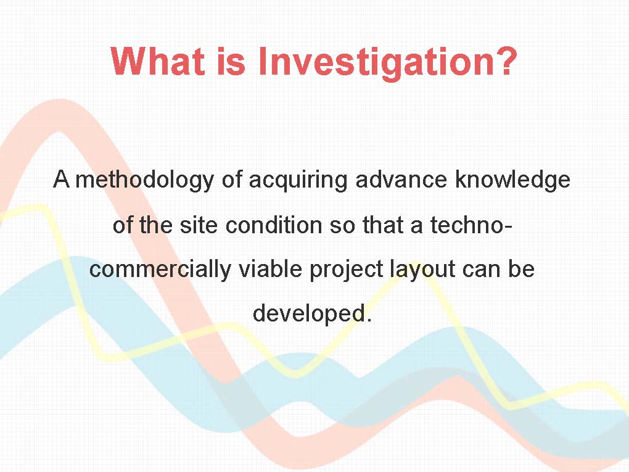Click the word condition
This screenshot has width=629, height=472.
point(274,225)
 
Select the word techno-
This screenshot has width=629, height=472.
point(471,225)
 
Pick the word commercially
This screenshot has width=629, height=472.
point(160,269)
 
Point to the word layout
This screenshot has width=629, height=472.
point(422,269)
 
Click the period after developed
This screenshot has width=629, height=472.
point(369,320)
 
